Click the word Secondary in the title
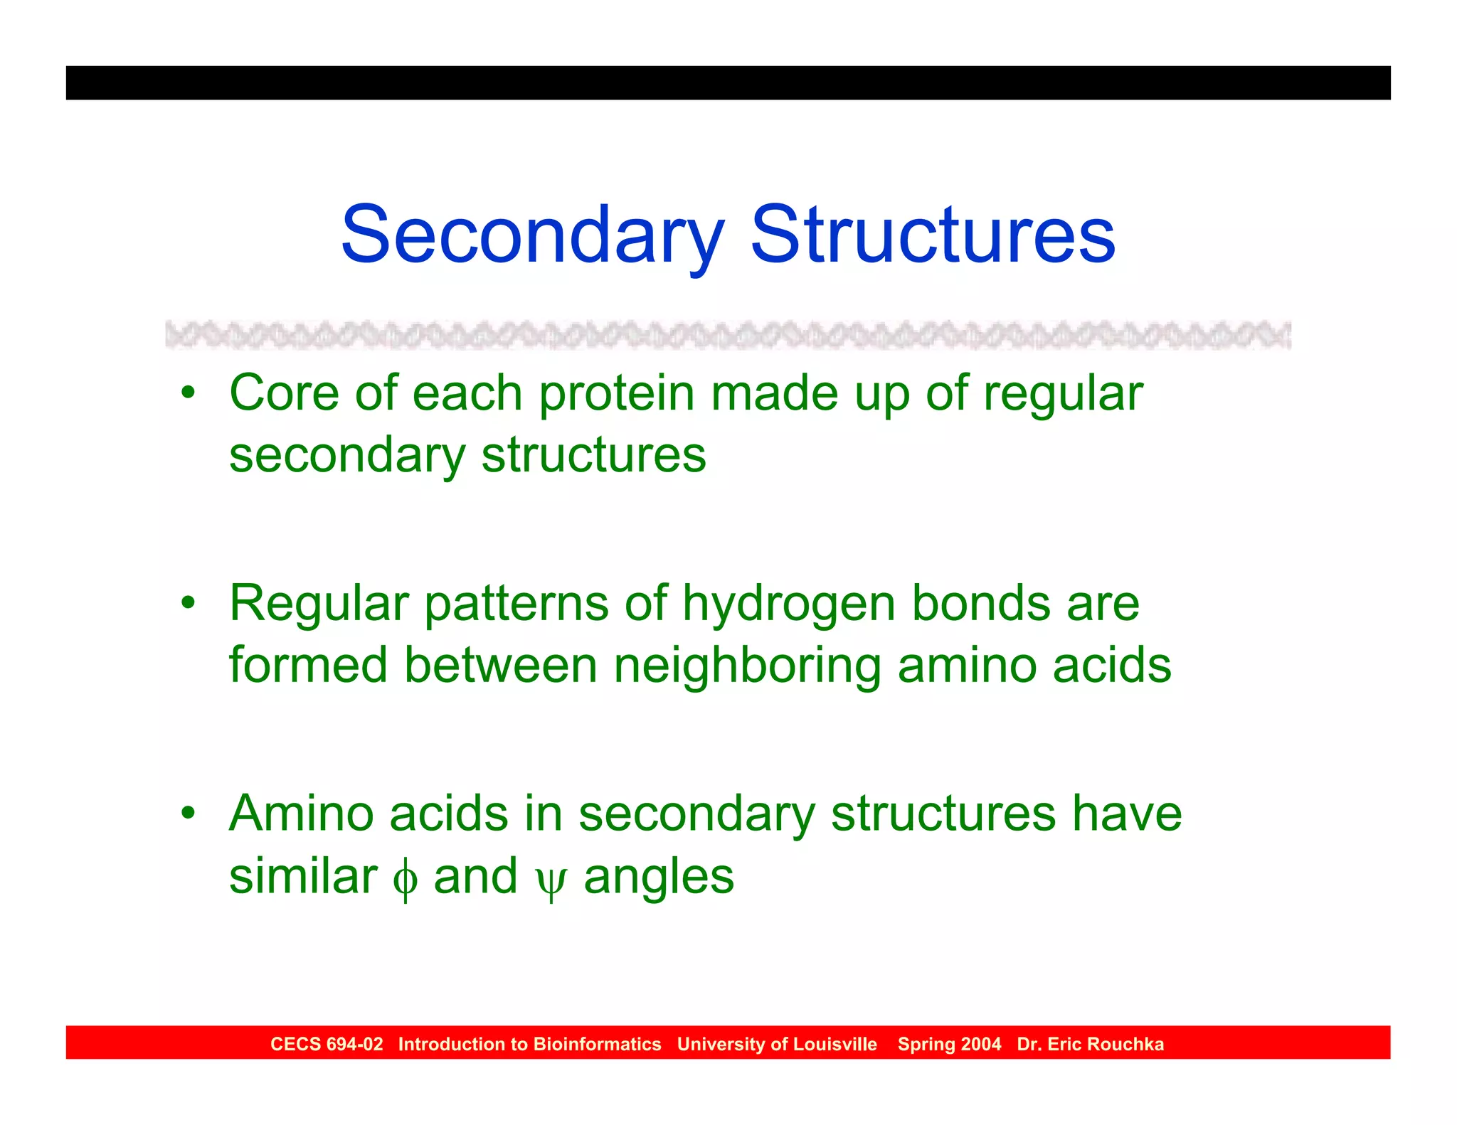point(532,235)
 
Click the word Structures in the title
point(933,235)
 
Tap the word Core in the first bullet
point(284,393)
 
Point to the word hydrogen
point(788,604)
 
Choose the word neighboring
point(746,666)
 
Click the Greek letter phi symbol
point(404,879)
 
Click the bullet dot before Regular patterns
point(188,602)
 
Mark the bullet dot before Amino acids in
point(188,813)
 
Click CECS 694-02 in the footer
point(327,1044)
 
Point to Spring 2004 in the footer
point(949,1044)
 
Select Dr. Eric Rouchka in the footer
point(1090,1044)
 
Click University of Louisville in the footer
point(777,1044)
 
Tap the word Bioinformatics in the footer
point(597,1044)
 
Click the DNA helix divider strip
point(728,335)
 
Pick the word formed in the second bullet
point(308,665)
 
